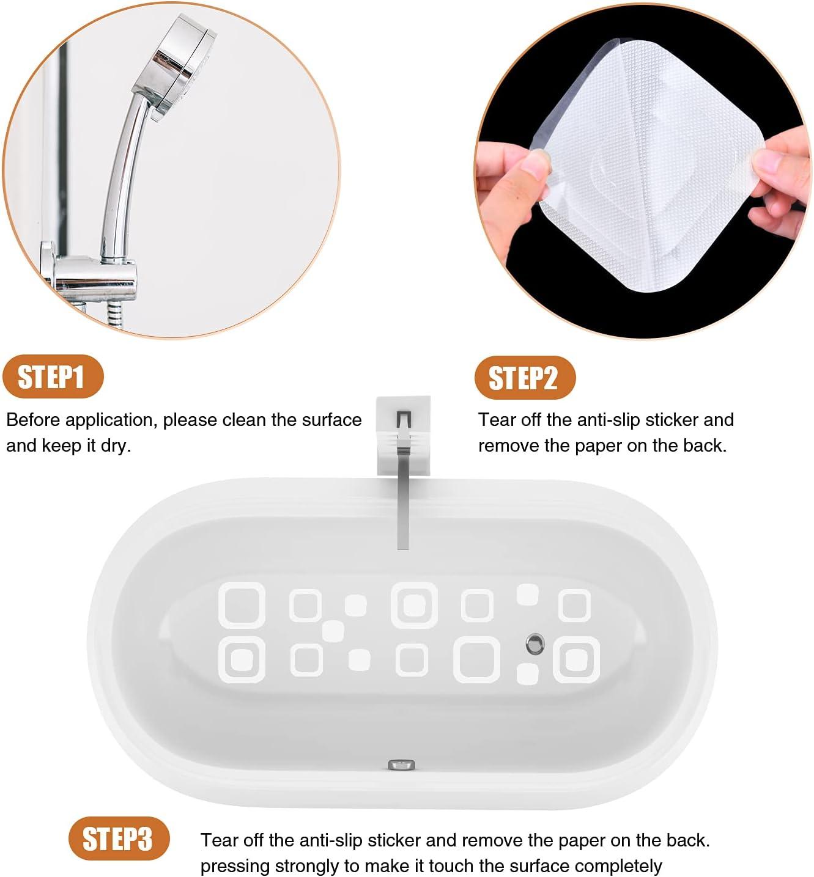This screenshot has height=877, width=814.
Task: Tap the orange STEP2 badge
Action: (524, 378)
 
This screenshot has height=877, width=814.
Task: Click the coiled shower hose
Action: (115, 314)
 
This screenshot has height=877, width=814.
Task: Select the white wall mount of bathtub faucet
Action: (403, 435)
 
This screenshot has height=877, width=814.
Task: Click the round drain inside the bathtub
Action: (535, 643)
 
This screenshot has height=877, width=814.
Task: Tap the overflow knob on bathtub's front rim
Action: (402, 764)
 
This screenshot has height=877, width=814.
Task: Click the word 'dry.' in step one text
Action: (116, 446)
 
